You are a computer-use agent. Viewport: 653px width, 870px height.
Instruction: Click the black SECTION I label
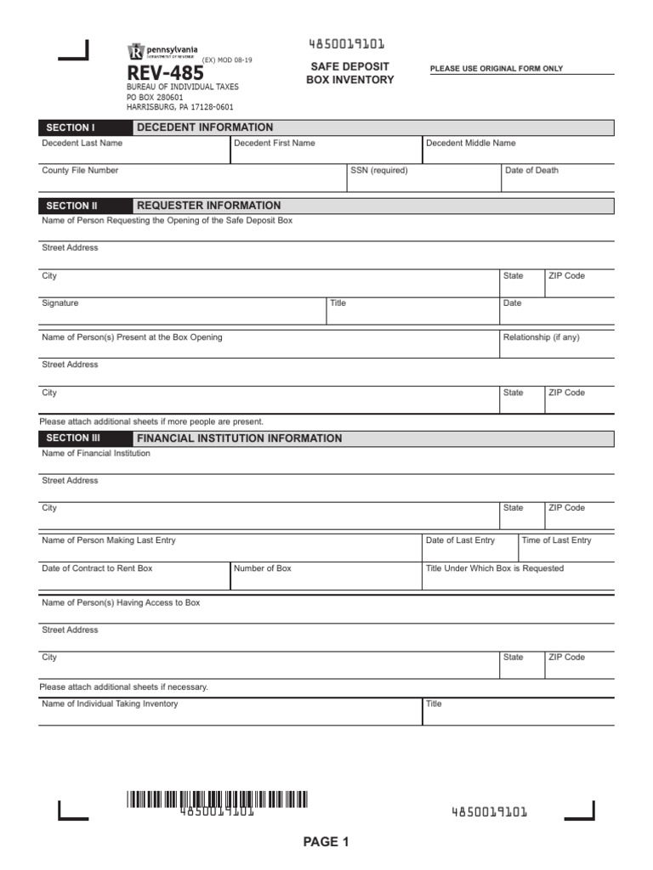[71, 127]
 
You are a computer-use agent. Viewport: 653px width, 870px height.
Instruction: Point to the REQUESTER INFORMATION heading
[208, 206]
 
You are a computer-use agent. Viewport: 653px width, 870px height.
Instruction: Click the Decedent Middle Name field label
[470, 144]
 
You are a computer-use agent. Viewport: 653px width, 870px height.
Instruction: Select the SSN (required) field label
[379, 171]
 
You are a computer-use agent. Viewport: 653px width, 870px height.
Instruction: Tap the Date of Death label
[531, 171]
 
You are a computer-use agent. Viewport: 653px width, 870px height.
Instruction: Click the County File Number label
[80, 171]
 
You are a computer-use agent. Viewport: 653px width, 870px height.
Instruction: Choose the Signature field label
[60, 303]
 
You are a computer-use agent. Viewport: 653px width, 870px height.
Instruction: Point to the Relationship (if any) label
[541, 337]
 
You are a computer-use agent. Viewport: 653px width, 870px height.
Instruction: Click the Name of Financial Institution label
[96, 454]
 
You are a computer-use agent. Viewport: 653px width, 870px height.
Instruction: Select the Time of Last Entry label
[556, 540]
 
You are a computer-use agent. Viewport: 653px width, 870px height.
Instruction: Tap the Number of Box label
[262, 568]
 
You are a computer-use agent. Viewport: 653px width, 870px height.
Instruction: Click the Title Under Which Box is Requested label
[494, 568]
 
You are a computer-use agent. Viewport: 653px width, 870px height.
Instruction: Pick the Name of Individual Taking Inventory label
[110, 703]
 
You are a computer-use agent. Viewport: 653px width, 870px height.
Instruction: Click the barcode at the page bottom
[218, 799]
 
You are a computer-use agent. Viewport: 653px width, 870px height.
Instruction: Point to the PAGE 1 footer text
[326, 842]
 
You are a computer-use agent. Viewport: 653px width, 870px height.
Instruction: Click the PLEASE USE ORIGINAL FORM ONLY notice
[497, 69]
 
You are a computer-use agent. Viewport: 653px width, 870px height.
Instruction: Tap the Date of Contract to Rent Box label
[97, 568]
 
